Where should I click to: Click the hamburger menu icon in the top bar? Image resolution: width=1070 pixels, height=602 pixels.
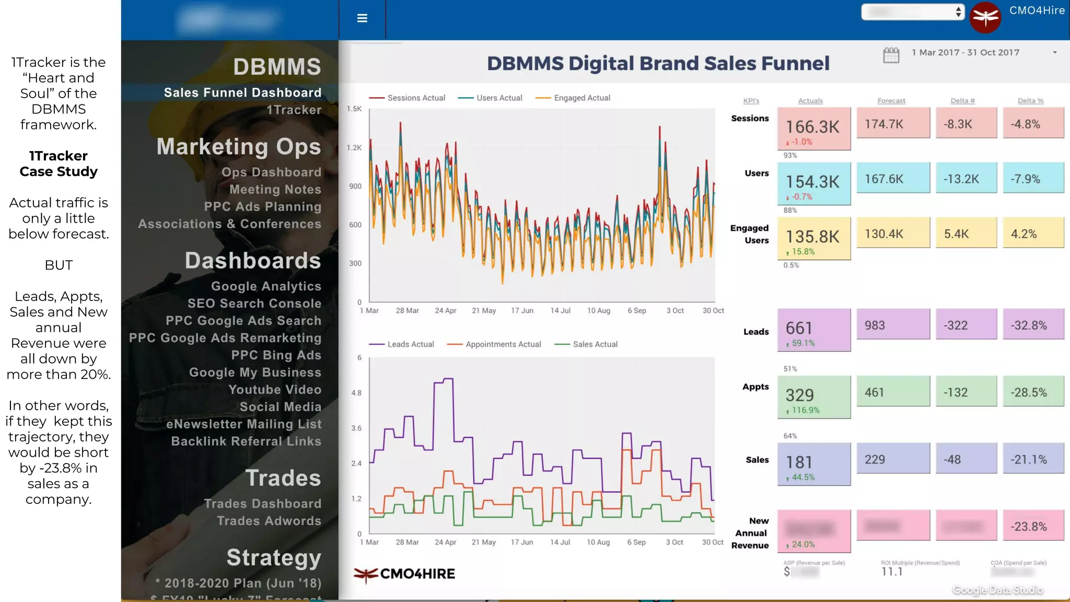point(362,18)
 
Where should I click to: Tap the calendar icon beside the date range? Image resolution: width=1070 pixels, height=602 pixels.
point(891,54)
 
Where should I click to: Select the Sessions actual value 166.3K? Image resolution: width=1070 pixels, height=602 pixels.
point(813,127)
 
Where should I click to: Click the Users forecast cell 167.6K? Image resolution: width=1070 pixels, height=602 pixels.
point(893,179)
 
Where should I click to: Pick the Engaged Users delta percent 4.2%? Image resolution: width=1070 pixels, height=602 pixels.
point(1033,234)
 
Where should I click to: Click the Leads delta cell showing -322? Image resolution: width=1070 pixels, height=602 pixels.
point(966,325)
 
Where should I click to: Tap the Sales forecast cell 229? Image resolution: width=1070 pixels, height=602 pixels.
point(893,459)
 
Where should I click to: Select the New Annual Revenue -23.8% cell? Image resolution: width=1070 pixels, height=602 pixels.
point(1033,526)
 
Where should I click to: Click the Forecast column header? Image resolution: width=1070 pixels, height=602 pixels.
point(891,101)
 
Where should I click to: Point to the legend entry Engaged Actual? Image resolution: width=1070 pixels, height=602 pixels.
point(581,98)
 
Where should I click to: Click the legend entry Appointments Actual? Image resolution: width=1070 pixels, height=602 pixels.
point(503,344)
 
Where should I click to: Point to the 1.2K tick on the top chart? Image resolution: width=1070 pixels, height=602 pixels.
point(354,148)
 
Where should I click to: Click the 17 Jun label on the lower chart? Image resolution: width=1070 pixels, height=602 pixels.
point(521,542)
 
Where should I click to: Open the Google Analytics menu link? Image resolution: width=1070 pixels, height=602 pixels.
point(266,286)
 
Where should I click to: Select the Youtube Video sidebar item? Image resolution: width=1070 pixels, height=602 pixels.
point(274,390)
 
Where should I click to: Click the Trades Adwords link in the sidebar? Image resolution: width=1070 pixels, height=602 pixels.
point(269,521)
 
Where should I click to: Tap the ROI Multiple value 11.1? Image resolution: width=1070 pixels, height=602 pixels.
point(891,572)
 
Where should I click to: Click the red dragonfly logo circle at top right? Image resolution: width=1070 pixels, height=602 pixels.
point(985,18)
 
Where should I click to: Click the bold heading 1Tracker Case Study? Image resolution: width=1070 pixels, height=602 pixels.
point(59,164)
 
